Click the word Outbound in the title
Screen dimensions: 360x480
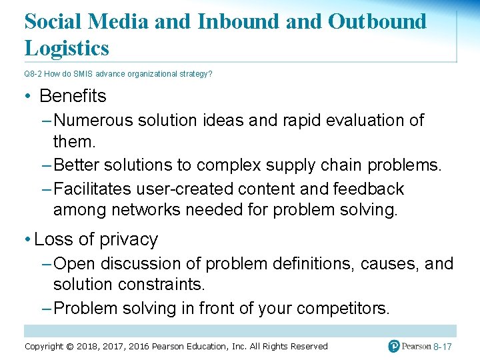point(377,21)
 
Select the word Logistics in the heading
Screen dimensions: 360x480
point(67,48)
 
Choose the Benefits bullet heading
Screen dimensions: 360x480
point(73,96)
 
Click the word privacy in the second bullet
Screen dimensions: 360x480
point(128,239)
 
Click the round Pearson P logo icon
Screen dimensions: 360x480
point(395,346)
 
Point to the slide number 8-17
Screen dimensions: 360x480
point(443,347)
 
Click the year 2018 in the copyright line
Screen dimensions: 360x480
point(89,346)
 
